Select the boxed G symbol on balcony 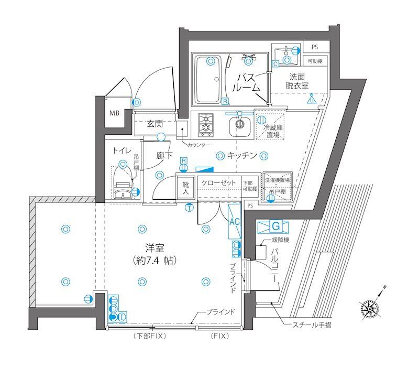(x=276, y=226)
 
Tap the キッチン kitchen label (x=241, y=155)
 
